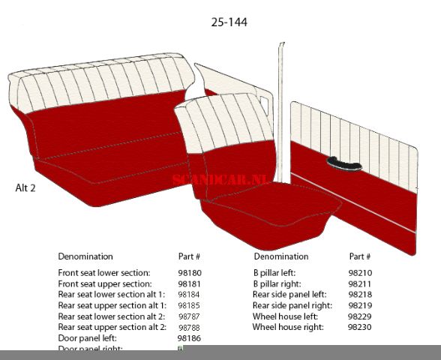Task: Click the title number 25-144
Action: tap(229, 22)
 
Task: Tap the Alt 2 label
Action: tap(25, 187)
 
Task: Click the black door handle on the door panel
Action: tap(343, 163)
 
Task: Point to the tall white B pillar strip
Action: tap(281, 112)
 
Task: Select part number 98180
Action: tap(190, 274)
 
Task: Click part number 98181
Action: tap(190, 284)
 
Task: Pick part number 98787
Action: tap(190, 316)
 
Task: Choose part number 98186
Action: tap(190, 338)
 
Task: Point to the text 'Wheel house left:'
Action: tap(285, 316)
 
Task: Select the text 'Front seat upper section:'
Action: tap(105, 284)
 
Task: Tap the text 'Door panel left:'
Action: tap(87, 338)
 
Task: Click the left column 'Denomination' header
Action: tap(85, 256)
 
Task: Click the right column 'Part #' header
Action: tap(360, 256)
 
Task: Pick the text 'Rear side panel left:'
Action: tap(289, 295)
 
